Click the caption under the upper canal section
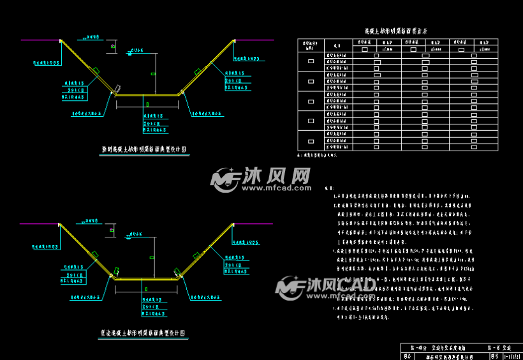click(x=144, y=149)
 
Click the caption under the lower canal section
click(x=144, y=333)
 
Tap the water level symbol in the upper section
click(x=129, y=54)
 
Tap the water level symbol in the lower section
click(x=129, y=236)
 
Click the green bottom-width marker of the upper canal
click(x=147, y=104)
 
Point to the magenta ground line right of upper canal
click(x=255, y=40)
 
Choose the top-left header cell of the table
click(x=311, y=45)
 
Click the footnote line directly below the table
click(x=317, y=155)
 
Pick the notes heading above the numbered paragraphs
click(x=330, y=188)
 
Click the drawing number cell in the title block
click(x=513, y=355)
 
